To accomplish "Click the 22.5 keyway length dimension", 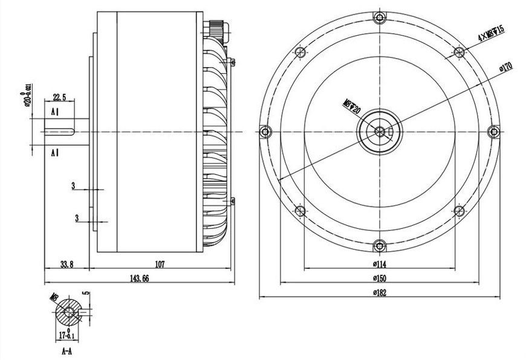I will (59, 97).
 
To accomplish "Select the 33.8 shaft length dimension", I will (67, 264).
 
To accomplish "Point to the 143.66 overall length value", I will (138, 278).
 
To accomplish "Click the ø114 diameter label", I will (380, 264).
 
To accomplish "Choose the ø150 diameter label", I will (380, 278).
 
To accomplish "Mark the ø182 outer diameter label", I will (380, 293).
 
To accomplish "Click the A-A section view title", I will (67, 350).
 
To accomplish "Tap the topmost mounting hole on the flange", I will (379, 17).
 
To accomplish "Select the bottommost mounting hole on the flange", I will (379, 245).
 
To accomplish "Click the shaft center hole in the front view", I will (379, 131).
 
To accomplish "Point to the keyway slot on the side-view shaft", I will (60, 131).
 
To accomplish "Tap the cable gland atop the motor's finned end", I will (215, 29).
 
